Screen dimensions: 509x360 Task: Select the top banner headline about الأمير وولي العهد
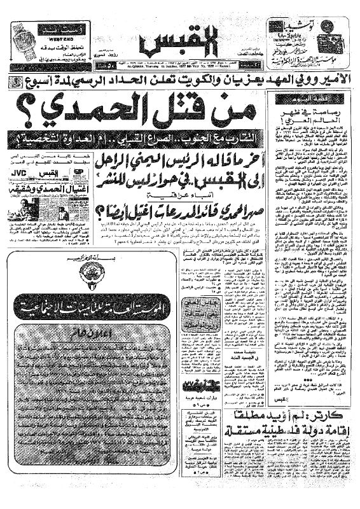[x=179, y=81]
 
